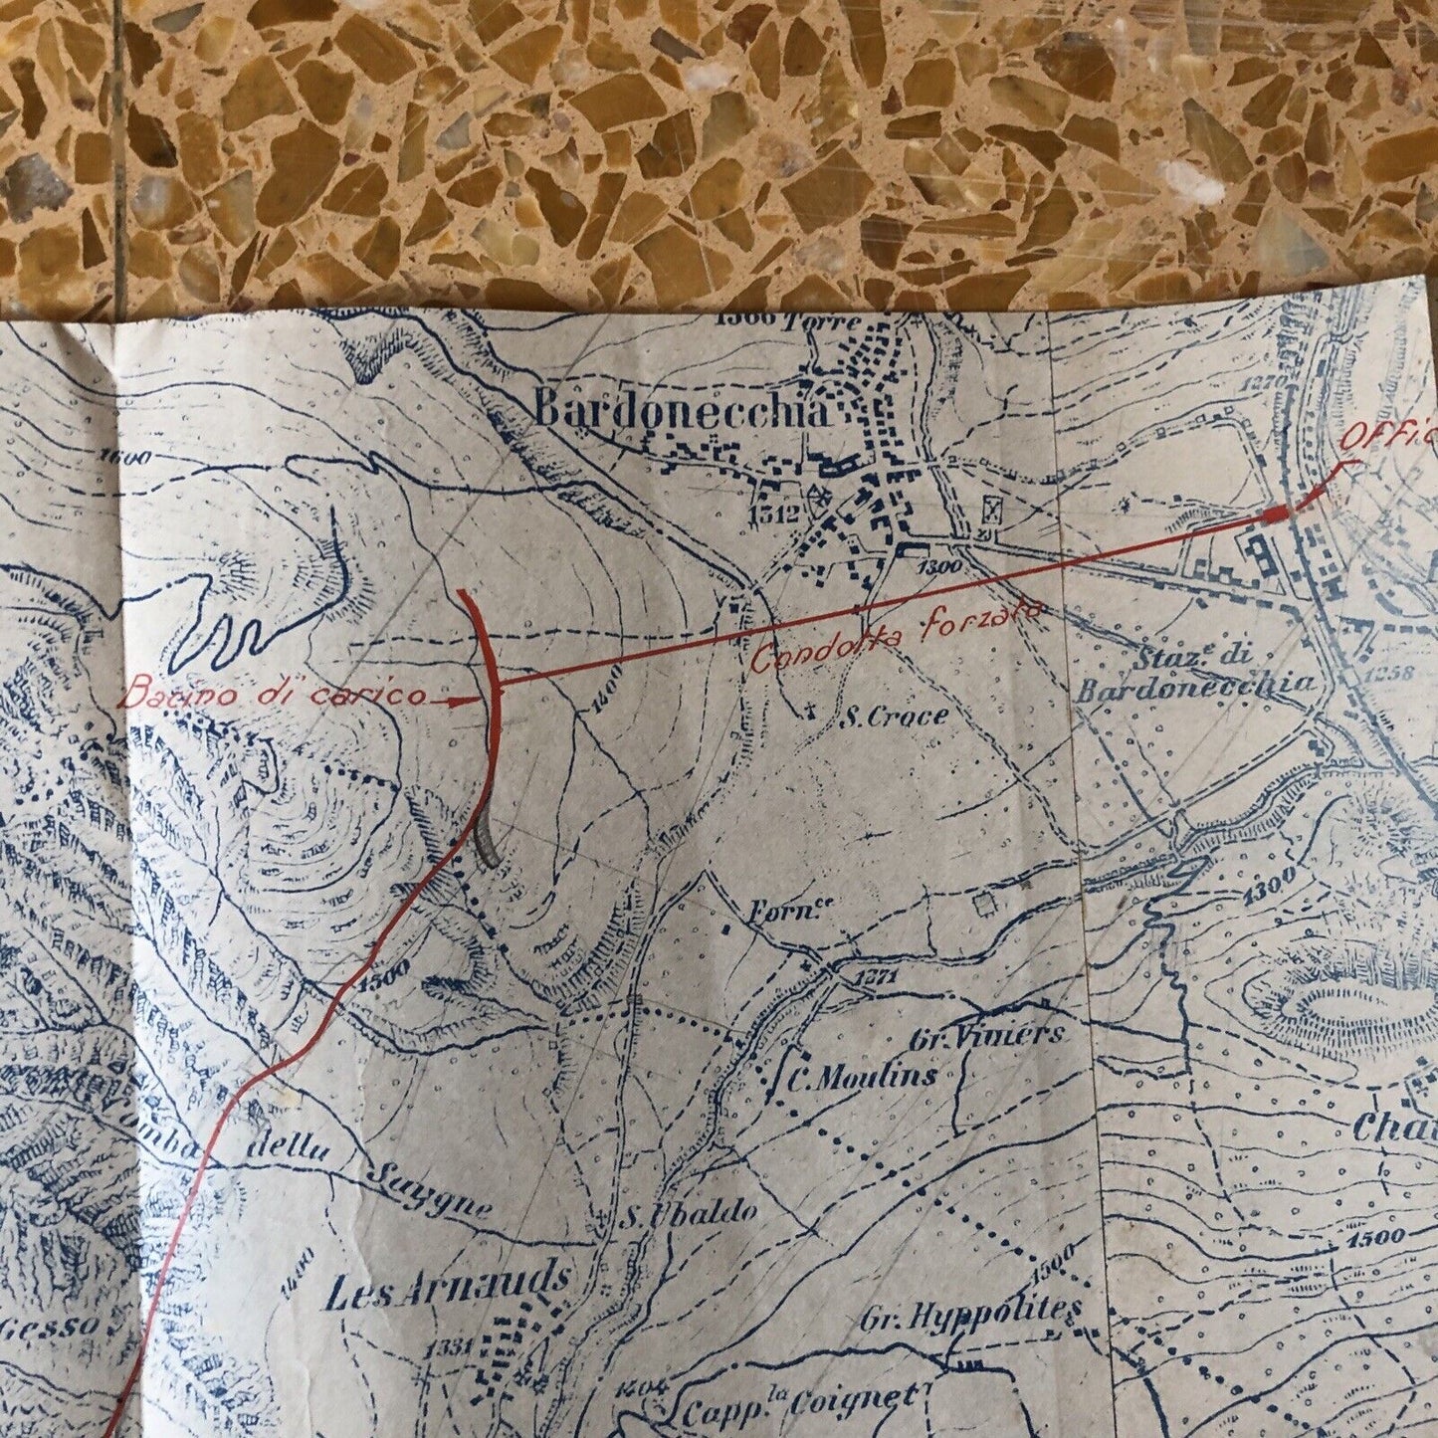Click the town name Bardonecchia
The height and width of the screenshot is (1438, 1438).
pos(682,409)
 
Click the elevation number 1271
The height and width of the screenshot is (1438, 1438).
pos(878,977)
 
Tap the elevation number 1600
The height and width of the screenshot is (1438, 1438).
pos(123,459)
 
